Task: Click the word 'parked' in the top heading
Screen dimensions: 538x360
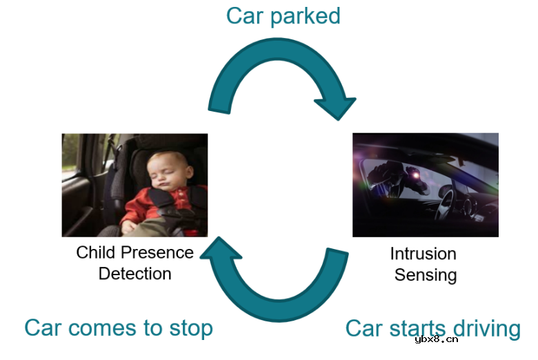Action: (305, 17)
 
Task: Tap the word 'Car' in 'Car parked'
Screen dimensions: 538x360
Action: (245, 16)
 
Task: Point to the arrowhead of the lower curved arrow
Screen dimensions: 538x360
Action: (220, 248)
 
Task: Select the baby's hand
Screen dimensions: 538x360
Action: (129, 227)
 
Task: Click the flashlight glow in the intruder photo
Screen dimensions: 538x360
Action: (416, 175)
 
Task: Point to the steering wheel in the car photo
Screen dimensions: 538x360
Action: (446, 203)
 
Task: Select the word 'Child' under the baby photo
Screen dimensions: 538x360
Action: (95, 252)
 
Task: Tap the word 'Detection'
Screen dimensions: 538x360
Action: (134, 274)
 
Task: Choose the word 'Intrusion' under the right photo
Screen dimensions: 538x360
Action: (423, 254)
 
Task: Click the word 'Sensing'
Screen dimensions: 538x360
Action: (426, 275)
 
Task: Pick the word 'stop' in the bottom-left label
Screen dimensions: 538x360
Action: (191, 329)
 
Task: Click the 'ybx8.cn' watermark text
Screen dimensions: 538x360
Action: (436, 339)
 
